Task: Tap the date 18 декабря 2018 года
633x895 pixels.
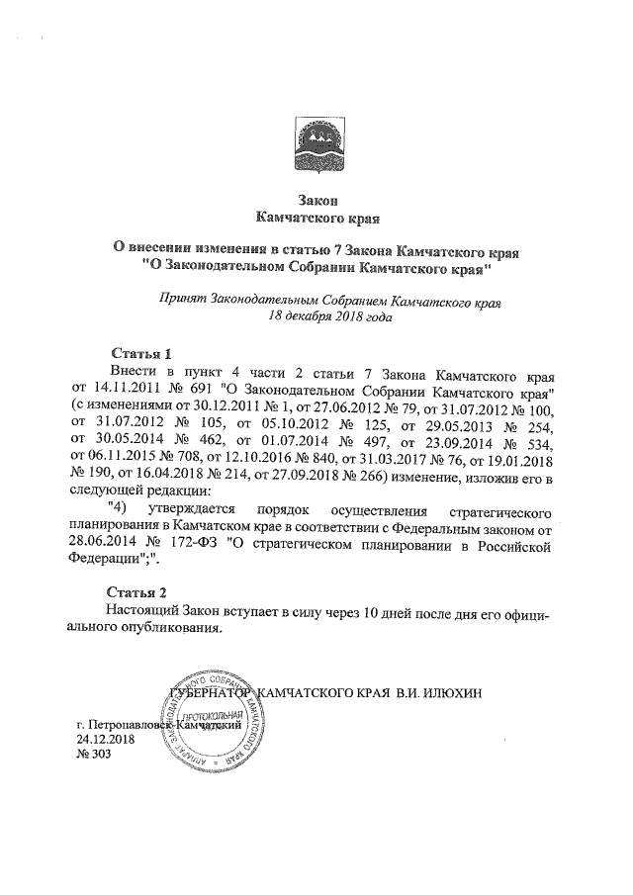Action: coord(317,317)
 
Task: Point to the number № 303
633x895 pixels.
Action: coord(94,755)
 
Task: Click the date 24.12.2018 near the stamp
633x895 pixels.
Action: coord(107,739)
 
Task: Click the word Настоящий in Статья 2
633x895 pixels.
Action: coord(142,613)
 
